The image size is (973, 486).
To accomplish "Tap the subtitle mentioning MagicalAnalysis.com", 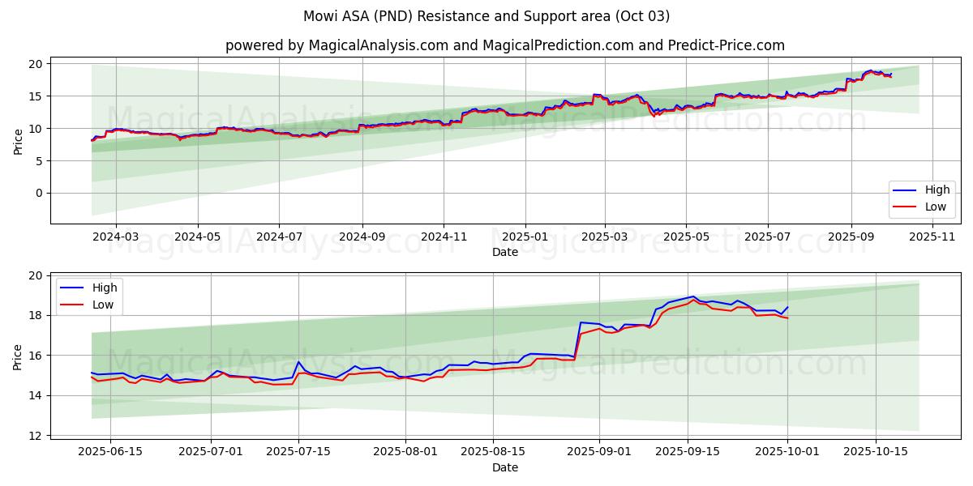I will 504,45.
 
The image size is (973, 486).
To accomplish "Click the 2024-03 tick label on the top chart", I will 115,237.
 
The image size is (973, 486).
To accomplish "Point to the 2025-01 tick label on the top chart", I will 525,237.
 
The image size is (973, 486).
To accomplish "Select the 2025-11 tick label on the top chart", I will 932,237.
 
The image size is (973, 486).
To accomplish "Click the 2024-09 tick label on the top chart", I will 361,237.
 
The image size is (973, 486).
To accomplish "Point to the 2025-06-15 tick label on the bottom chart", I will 110,452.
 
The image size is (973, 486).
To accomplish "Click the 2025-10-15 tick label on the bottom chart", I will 875,452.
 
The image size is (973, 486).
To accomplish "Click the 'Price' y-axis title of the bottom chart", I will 18,356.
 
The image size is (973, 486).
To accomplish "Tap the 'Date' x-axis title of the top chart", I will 504,252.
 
